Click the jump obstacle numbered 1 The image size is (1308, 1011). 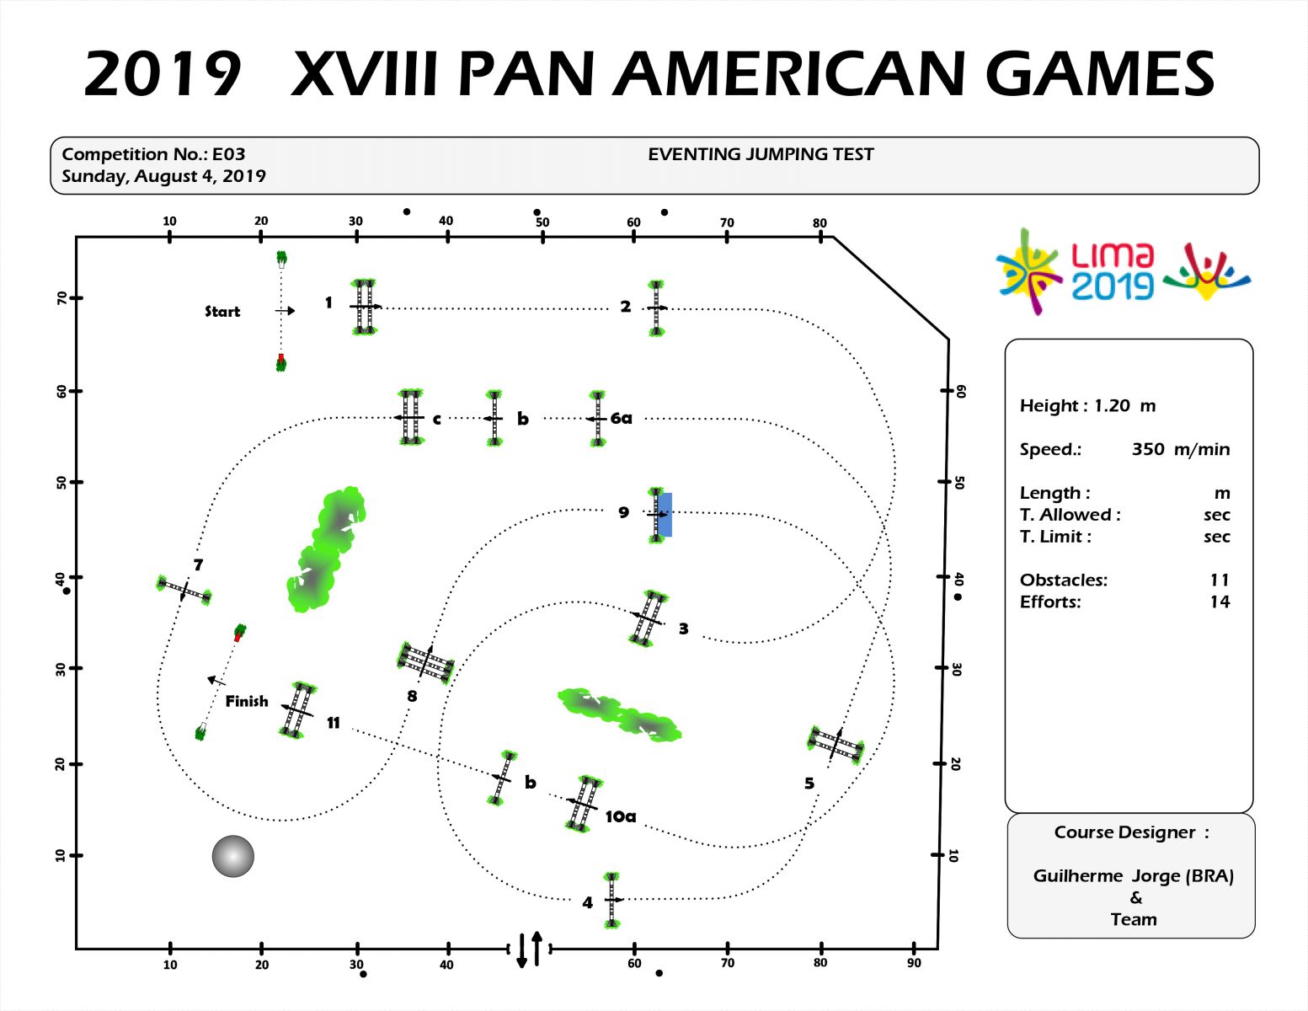363,308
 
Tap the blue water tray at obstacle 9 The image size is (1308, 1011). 665,514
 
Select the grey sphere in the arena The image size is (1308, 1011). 233,857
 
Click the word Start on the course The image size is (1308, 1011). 222,312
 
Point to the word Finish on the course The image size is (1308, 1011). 246,701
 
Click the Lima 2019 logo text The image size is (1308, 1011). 1113,271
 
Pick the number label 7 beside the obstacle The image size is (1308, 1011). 198,565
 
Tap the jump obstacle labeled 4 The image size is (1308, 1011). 612,900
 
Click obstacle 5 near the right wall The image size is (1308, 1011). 835,744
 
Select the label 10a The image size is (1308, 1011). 621,816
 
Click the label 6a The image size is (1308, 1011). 622,418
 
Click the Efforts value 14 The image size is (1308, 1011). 1219,602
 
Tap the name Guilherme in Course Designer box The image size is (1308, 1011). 1078,875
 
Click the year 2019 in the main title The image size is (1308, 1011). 163,74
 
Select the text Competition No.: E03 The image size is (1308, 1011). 153,154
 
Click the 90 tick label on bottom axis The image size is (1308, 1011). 914,963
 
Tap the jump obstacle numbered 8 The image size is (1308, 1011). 425,662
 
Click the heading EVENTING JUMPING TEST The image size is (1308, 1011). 761,154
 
